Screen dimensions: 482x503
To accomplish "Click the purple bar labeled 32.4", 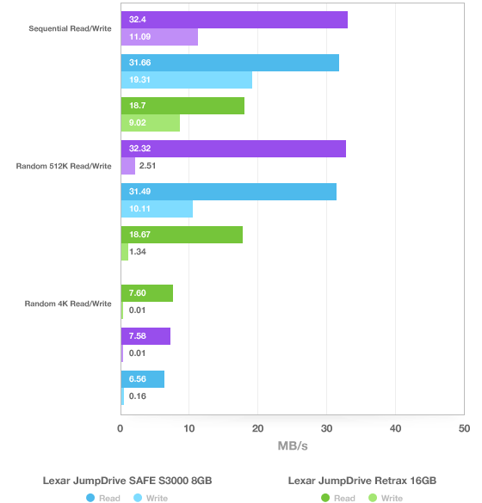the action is point(234,20).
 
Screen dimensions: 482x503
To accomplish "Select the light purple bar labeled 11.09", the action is point(159,37).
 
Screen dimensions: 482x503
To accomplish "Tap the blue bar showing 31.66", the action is point(230,63).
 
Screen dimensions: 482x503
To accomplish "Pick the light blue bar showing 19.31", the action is point(187,80).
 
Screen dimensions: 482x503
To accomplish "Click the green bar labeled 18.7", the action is point(182,106).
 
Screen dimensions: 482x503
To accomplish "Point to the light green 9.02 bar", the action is point(151,123).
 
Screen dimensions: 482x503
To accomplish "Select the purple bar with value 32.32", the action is point(233,149).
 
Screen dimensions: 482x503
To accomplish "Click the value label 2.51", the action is point(147,166).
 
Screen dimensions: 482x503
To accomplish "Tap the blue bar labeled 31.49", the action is point(229,192).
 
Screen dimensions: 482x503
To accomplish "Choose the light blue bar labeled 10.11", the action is point(157,209).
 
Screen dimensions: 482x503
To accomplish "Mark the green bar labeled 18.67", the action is point(182,235).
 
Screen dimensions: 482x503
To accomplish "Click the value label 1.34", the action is point(138,252).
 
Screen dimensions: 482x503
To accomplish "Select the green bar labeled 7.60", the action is point(146,293).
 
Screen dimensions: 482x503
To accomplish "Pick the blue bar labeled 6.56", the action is point(143,379).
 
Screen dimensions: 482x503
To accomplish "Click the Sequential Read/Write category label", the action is point(70,28).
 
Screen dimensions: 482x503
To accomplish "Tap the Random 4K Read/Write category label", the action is point(68,304).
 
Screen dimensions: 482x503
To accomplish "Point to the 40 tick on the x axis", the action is point(395,428).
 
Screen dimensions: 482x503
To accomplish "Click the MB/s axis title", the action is point(293,446).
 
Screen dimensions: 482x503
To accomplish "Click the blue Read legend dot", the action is point(90,498).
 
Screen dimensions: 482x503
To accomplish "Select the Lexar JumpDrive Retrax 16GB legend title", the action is point(361,481).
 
